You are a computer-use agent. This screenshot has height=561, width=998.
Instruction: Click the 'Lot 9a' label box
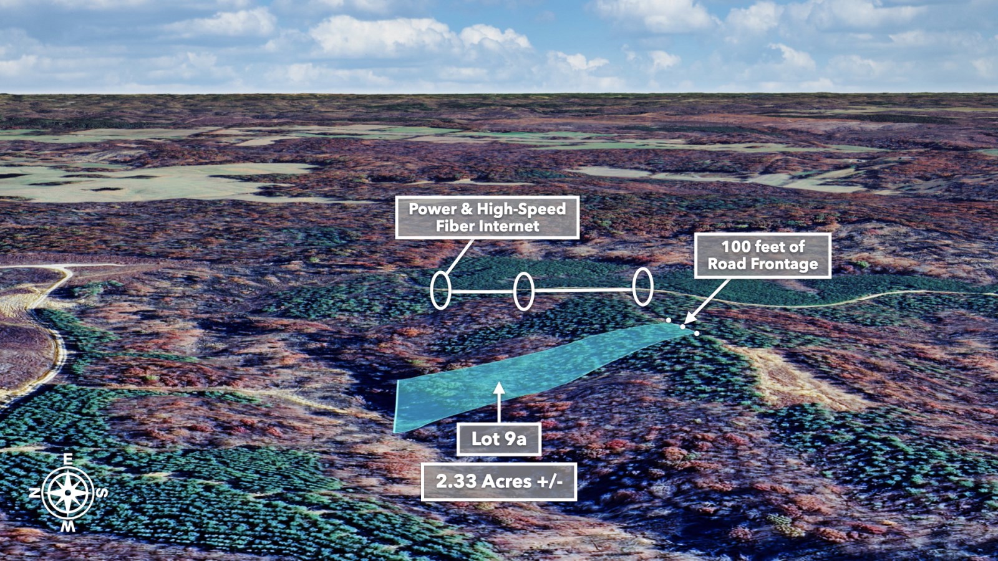[x=499, y=439]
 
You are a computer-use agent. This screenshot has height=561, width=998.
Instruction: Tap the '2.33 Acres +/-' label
[x=499, y=482]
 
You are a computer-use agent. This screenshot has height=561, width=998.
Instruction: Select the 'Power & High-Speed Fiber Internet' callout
[x=487, y=218]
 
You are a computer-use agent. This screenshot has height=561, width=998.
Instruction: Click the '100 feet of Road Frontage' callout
[x=763, y=255]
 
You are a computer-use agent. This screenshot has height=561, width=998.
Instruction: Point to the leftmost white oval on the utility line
[x=431, y=290]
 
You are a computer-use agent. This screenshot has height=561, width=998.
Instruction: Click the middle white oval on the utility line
[x=514, y=291]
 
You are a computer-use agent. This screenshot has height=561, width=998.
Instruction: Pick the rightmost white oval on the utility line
[x=634, y=287]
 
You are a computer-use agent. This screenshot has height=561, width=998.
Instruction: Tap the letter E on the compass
[x=68, y=459]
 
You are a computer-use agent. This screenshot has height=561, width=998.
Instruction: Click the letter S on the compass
[x=102, y=492]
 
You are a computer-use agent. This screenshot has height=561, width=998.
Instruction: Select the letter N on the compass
[x=34, y=493]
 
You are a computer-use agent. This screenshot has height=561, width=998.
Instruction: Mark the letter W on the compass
[x=68, y=527]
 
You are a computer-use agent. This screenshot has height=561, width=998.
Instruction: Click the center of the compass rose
[x=68, y=493]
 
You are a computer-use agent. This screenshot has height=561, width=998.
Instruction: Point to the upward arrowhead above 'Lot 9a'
[x=499, y=388]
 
